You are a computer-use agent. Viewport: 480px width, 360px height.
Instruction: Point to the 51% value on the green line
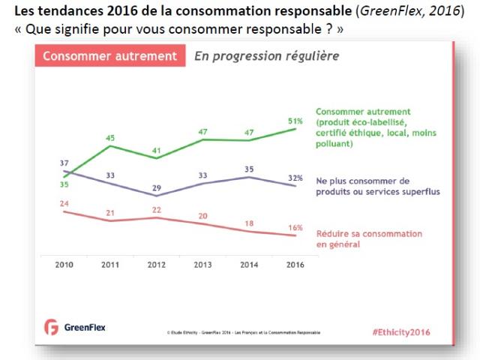[x=295, y=121]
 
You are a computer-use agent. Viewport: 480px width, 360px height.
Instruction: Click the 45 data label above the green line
[x=109, y=138]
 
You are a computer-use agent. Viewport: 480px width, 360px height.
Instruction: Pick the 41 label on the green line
[x=155, y=150]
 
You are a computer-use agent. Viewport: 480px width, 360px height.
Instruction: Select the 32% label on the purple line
[x=295, y=178]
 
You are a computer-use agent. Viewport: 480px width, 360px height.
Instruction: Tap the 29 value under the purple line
[x=155, y=187]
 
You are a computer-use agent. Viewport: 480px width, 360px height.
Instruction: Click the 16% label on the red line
[x=295, y=227]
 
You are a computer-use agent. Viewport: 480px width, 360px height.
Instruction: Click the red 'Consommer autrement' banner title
[x=109, y=56]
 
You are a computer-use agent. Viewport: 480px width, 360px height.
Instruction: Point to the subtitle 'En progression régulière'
[x=266, y=56]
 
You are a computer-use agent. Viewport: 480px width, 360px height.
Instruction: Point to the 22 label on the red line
[x=155, y=209]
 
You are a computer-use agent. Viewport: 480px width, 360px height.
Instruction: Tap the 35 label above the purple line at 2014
[x=249, y=169]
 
